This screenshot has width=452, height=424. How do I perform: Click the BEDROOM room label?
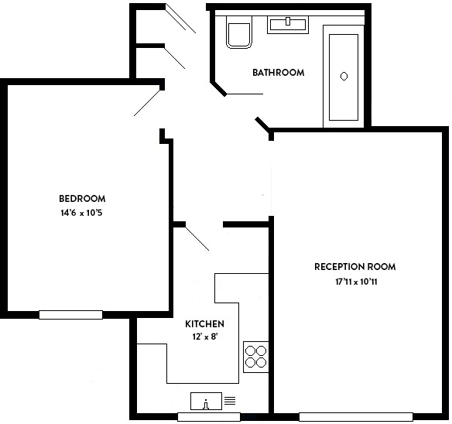tap(81, 198)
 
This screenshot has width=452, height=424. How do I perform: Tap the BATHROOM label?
tap(278, 73)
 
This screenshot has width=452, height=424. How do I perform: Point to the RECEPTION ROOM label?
tap(354, 267)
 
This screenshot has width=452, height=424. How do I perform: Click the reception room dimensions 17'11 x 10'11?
tap(355, 282)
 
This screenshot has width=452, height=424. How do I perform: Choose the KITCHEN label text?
tap(204, 323)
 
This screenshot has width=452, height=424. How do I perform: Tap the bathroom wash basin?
tap(288, 24)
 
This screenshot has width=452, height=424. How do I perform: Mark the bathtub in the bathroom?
tap(344, 77)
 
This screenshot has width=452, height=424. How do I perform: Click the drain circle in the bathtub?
tap(344, 76)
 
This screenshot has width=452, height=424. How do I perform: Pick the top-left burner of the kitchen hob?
tap(251, 349)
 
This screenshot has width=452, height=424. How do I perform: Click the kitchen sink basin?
tap(206, 402)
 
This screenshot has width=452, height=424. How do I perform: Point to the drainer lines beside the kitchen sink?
tap(229, 401)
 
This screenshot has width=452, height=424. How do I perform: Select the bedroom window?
tap(70, 314)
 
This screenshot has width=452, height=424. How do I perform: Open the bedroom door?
tap(147, 101)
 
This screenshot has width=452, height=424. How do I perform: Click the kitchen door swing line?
tap(197, 238)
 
